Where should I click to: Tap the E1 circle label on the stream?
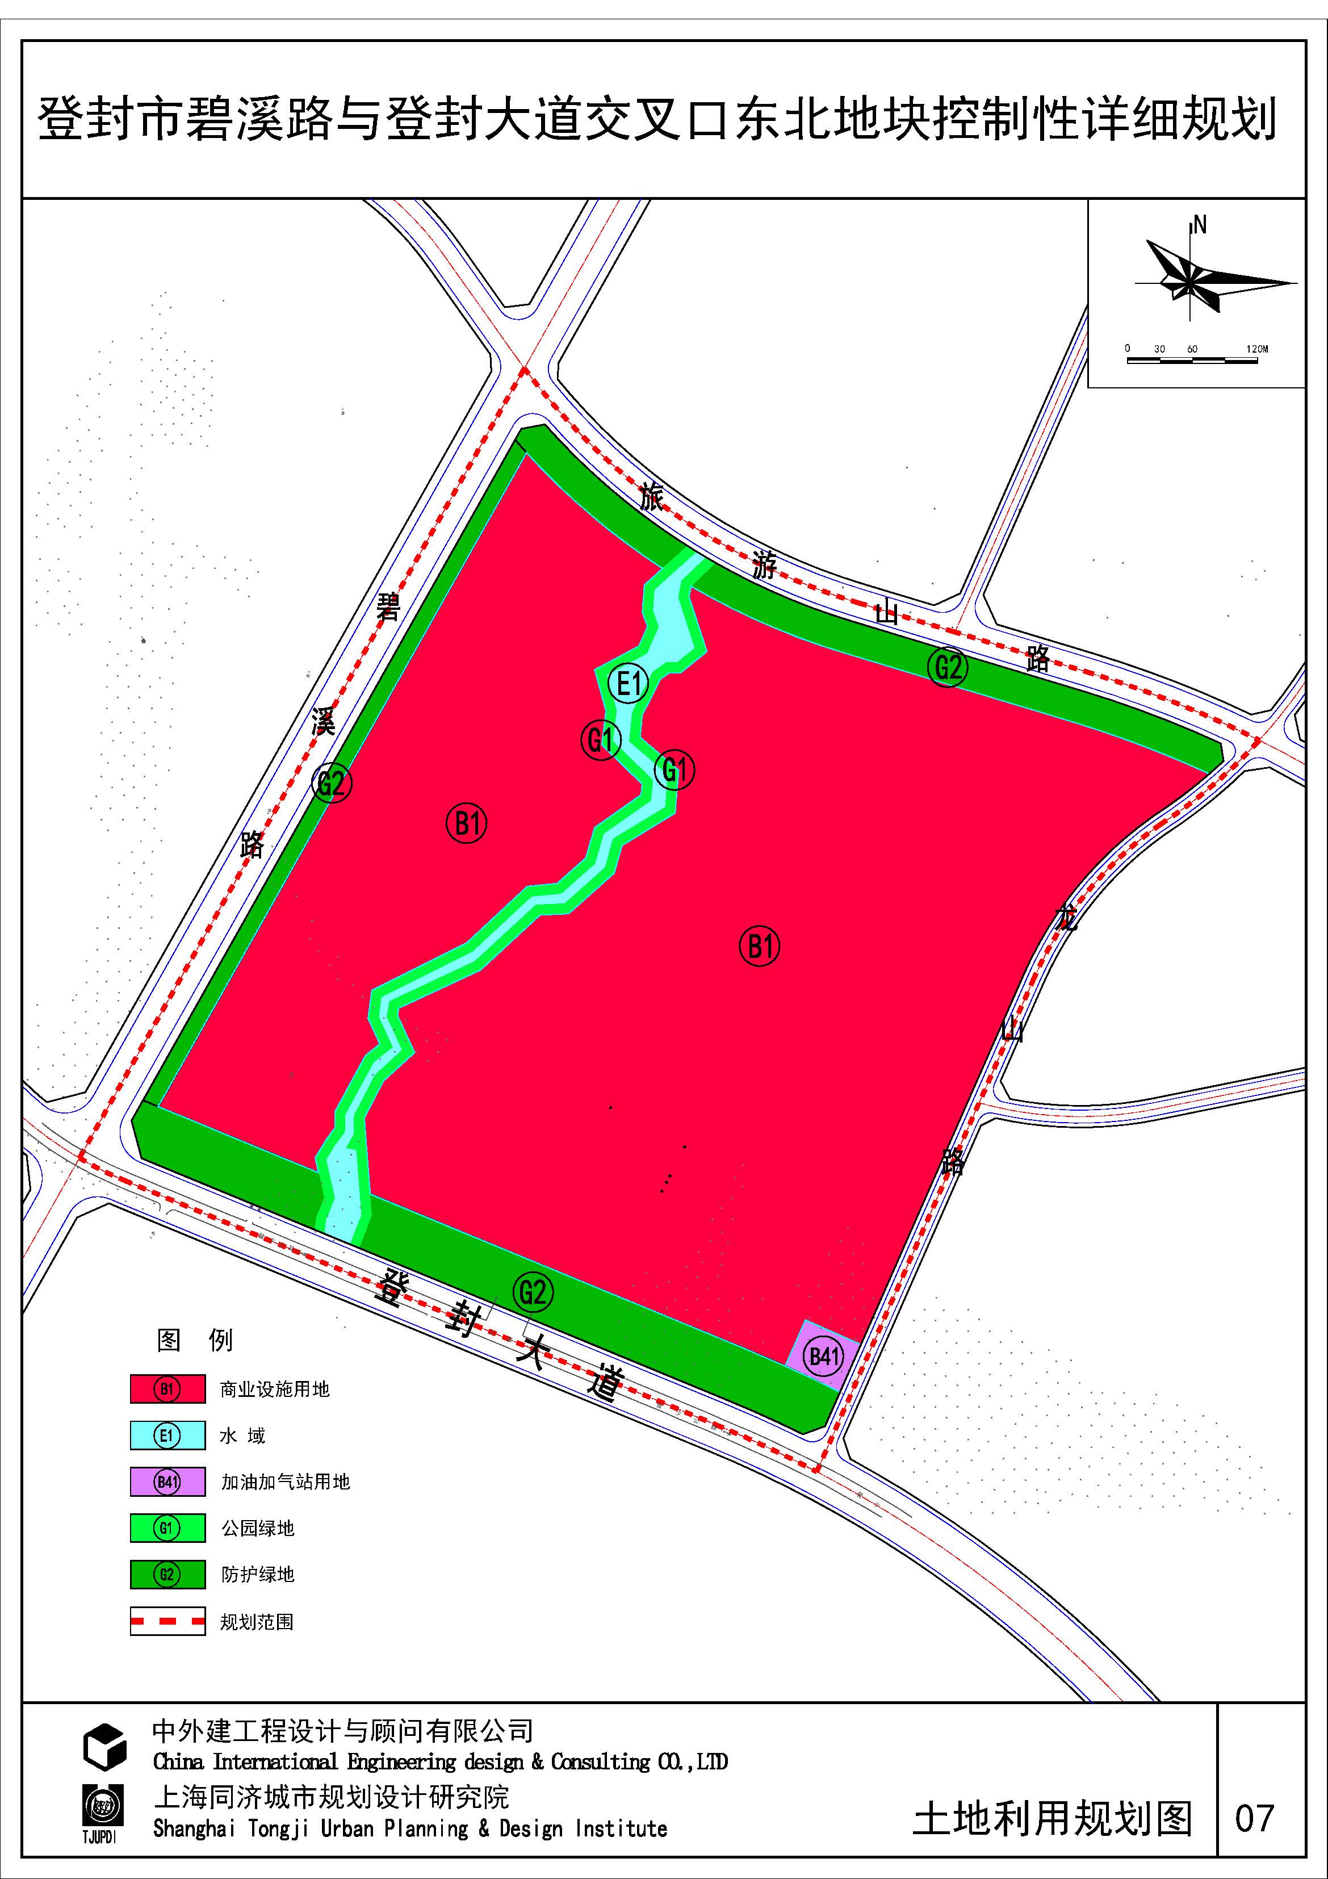629,683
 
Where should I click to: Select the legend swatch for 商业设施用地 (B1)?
167,1389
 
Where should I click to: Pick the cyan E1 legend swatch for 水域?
167,1436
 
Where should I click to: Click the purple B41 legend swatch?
167,1482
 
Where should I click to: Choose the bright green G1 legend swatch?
167,1528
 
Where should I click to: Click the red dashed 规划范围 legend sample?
167,1621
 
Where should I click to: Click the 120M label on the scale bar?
1257,349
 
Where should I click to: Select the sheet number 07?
1254,1818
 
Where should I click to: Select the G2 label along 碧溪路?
332,782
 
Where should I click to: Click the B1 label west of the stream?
466,822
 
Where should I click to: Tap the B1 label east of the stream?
759,946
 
